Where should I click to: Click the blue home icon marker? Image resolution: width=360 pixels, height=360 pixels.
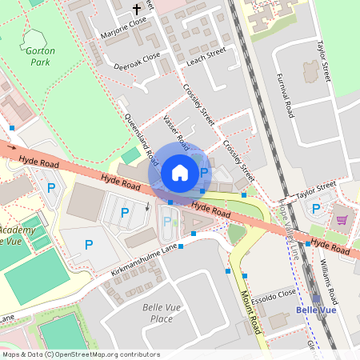pyautogui.click(x=180, y=172)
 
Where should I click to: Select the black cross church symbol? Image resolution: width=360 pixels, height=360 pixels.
pyautogui.click(x=136, y=10)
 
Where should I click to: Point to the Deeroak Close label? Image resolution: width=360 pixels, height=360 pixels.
pyautogui.click(x=137, y=61)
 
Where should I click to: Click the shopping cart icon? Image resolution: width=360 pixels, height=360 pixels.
pyautogui.click(x=342, y=220)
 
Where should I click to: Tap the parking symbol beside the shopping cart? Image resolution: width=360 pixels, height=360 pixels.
pyautogui.click(x=315, y=210)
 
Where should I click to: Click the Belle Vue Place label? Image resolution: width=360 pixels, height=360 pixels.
pyautogui.click(x=162, y=313)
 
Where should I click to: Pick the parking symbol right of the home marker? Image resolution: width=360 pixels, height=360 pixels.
pyautogui.click(x=204, y=172)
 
